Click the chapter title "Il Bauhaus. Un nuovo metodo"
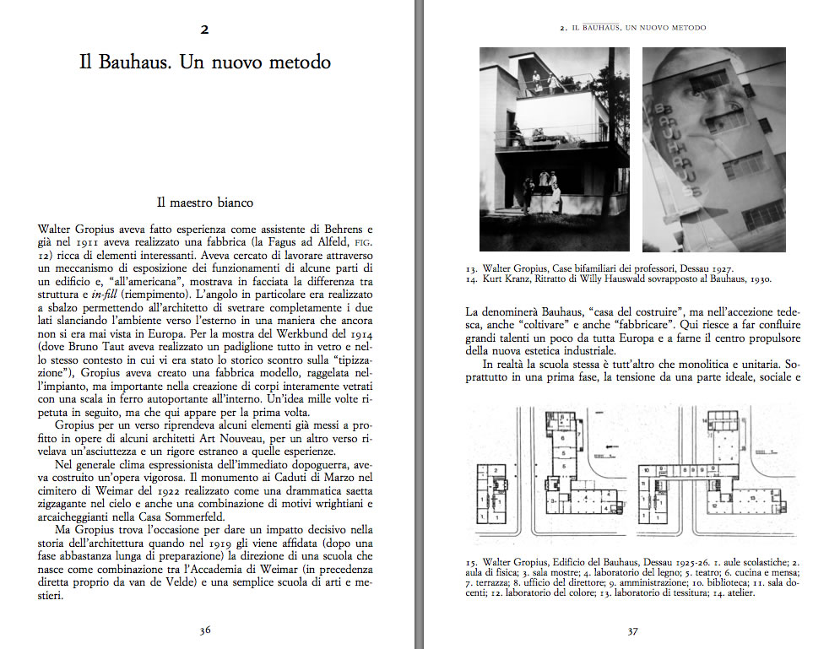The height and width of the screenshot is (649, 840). click(x=204, y=62)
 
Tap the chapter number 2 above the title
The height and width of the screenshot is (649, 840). click(x=204, y=30)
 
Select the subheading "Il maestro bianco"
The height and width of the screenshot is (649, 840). click(x=204, y=203)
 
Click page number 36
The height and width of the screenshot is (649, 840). click(x=204, y=630)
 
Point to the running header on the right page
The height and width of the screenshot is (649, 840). click(x=632, y=28)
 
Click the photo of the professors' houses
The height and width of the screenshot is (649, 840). click(x=554, y=149)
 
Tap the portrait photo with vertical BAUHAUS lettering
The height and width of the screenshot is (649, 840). click(x=714, y=149)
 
